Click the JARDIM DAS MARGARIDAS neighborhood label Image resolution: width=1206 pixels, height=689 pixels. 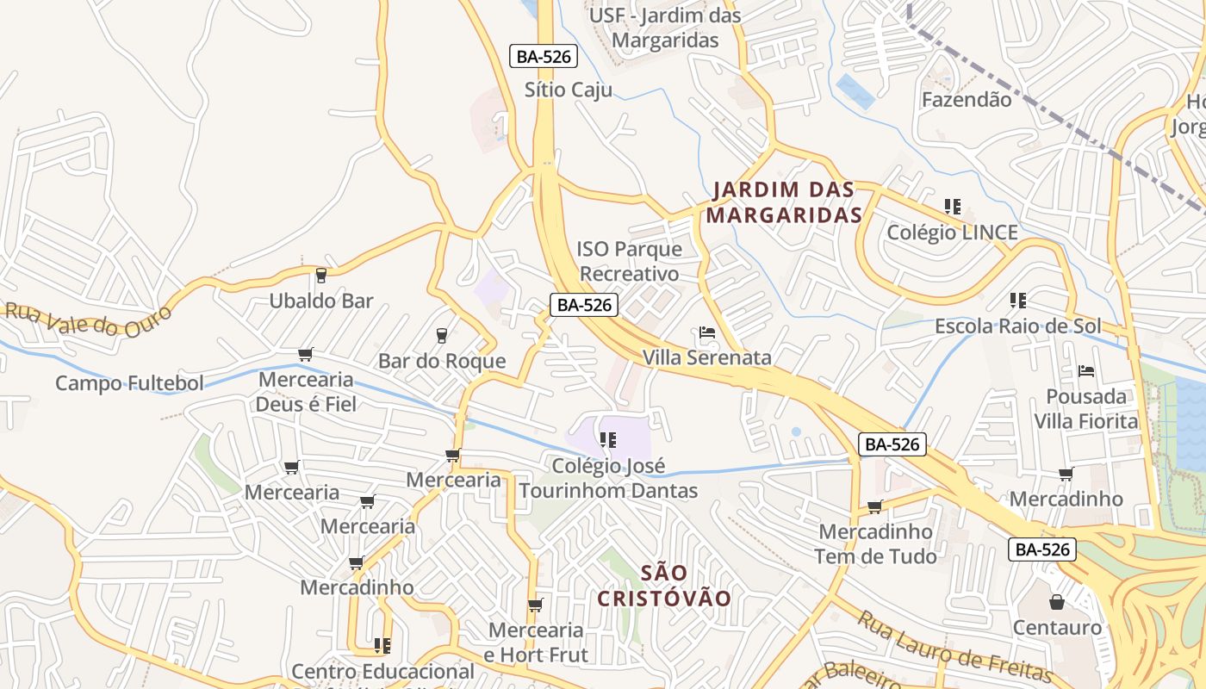coord(784,202)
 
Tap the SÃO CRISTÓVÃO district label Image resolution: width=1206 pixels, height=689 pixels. coord(664,586)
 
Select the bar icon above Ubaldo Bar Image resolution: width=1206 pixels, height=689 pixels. coord(321,276)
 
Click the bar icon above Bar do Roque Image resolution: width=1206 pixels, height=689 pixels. coord(442,335)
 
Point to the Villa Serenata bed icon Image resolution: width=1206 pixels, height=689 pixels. coord(707,332)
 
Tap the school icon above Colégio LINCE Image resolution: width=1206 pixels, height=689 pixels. coord(953,207)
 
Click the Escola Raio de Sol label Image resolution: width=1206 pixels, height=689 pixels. coord(1018,326)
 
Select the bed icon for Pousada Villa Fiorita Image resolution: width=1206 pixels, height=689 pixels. coord(1086,371)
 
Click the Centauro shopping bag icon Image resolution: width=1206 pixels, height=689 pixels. coord(1057,602)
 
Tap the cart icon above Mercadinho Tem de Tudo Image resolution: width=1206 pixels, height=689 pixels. coord(875,506)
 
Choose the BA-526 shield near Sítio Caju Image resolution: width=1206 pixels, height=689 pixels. coord(543,57)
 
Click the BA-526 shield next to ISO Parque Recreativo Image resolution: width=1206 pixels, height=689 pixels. coord(584,304)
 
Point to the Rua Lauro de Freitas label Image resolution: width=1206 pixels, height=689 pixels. coord(954,647)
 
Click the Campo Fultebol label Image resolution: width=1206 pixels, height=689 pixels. coord(129,383)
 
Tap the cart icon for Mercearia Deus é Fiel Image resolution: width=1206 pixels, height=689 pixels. coord(305,354)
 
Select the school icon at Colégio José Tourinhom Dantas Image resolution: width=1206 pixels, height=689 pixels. coord(608,440)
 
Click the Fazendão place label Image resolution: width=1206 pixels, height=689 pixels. coord(967,99)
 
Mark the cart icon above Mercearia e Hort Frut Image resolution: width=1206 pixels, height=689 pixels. coord(535,605)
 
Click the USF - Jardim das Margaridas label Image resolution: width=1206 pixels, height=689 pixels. coord(664,28)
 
